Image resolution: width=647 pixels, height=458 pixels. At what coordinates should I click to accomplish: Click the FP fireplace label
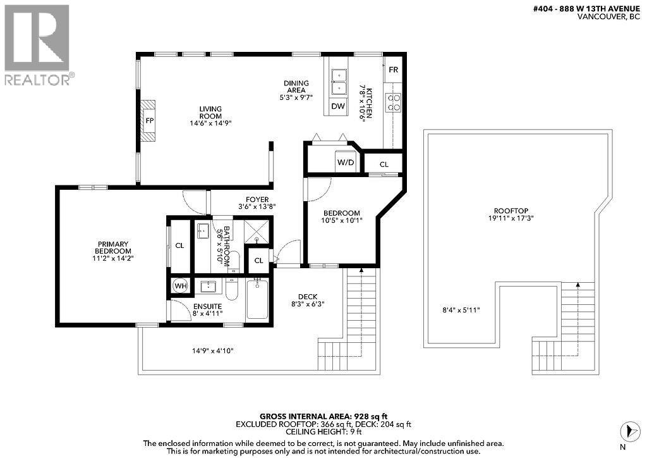[150, 120]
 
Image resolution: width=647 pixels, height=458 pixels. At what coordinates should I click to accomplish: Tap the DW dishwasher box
[339, 106]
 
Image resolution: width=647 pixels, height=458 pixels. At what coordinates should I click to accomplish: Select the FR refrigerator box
[393, 70]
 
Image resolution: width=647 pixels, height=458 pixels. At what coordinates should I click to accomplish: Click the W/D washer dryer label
[345, 162]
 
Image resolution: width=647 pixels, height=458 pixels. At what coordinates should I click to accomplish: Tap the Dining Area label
[296, 87]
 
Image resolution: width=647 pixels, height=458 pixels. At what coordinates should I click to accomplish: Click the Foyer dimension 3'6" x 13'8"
[257, 206]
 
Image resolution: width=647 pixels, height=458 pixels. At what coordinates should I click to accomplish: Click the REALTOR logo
[39, 44]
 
